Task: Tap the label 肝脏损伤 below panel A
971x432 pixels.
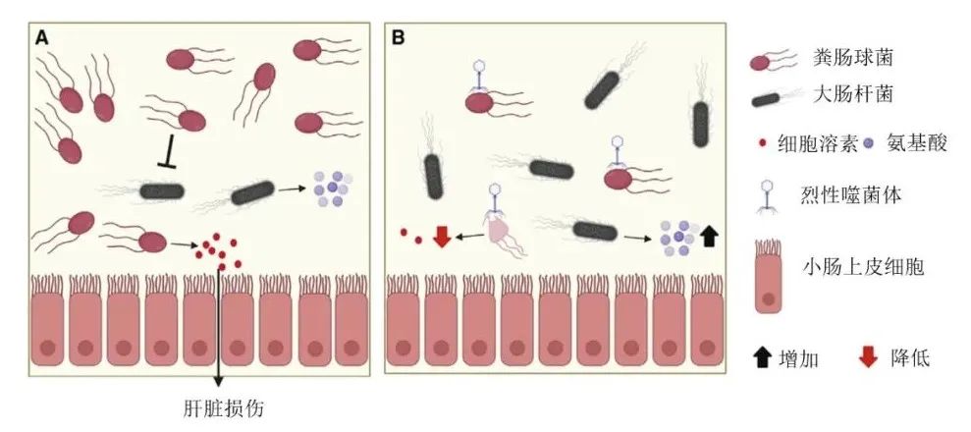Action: [217, 406]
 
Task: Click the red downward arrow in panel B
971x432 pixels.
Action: [442, 236]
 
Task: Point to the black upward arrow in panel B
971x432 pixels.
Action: [710, 235]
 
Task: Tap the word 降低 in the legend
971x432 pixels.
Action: [905, 358]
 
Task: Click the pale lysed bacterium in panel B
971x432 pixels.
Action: [498, 232]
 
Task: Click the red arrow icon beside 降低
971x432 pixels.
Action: [867, 358]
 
